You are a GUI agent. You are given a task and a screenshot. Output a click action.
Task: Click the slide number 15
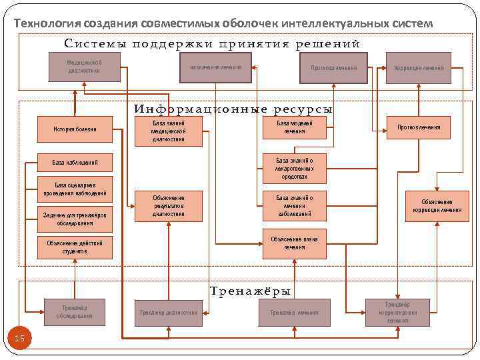click(19, 339)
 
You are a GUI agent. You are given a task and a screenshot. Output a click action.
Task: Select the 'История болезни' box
click(75, 129)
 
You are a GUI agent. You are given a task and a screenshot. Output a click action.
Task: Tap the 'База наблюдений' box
click(75, 162)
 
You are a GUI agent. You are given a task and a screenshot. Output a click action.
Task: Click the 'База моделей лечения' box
click(294, 127)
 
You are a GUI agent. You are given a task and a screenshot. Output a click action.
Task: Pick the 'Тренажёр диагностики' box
click(167, 312)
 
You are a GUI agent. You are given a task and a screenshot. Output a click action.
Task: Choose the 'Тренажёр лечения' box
click(294, 312)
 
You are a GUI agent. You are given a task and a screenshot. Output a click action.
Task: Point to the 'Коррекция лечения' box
click(419, 67)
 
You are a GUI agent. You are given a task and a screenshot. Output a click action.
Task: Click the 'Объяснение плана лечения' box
click(294, 243)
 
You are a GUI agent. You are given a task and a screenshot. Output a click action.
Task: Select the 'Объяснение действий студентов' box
click(75, 247)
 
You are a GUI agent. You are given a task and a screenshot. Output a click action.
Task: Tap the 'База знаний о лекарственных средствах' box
click(294, 169)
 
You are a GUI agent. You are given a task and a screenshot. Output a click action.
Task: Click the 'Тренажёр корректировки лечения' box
click(398, 312)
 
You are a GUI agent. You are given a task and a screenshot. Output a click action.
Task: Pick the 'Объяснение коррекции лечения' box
click(437, 205)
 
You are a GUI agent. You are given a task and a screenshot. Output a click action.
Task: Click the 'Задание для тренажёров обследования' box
click(75, 219)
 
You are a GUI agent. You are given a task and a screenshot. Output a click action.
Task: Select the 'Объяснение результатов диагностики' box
click(168, 205)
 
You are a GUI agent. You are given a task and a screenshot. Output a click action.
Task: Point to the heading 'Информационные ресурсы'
click(233, 109)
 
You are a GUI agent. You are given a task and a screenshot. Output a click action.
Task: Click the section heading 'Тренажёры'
click(250, 291)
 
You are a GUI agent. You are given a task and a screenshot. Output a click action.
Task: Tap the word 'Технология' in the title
click(47, 23)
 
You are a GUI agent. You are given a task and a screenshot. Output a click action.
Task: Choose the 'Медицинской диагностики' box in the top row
click(84, 67)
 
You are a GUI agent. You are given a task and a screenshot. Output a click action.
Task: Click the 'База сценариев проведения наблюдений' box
click(75, 189)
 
